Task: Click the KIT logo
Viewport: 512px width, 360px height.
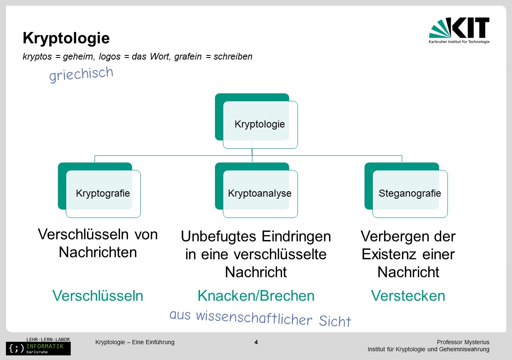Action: (x=459, y=30)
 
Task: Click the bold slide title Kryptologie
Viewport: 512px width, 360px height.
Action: (x=66, y=38)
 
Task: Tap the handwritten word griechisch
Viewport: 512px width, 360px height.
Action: (x=81, y=74)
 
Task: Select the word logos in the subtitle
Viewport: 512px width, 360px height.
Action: (x=110, y=56)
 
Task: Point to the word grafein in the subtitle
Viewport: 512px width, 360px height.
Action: (x=188, y=56)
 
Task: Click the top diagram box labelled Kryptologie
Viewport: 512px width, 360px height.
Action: (x=256, y=121)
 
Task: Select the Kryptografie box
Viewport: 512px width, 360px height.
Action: (x=99, y=190)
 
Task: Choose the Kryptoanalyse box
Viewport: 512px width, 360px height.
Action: (x=256, y=190)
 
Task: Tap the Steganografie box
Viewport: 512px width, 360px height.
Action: (x=406, y=190)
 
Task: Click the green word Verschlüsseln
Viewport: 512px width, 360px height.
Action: (x=98, y=295)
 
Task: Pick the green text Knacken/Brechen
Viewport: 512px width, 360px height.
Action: (x=256, y=295)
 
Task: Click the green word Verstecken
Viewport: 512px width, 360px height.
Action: (x=408, y=295)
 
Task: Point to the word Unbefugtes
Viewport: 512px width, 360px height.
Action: (x=219, y=236)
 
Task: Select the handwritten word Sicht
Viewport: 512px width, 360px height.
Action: (x=335, y=321)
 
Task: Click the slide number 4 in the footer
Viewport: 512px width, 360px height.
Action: (x=256, y=342)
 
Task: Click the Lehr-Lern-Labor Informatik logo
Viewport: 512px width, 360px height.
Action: (x=38, y=346)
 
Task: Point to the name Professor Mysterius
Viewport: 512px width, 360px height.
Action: (x=463, y=342)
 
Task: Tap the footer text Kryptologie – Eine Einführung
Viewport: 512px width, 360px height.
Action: (x=135, y=342)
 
